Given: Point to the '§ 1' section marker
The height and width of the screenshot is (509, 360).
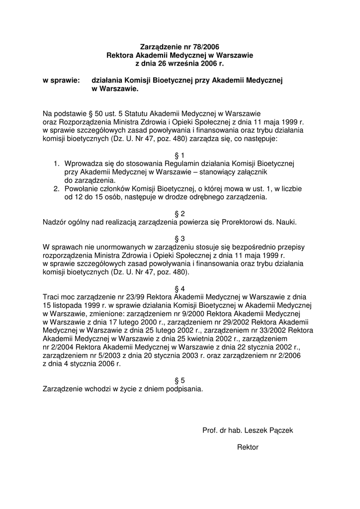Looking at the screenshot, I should pyautogui.click(x=180, y=155).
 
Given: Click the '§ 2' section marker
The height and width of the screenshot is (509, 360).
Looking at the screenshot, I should pyautogui.click(x=180, y=214).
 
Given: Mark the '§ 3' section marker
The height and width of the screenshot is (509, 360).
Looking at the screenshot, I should pyautogui.click(x=180, y=239).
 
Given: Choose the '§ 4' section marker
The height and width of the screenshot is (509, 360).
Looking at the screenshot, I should pyautogui.click(x=180, y=289).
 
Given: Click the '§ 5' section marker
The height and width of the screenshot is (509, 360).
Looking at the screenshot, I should pyautogui.click(x=180, y=381).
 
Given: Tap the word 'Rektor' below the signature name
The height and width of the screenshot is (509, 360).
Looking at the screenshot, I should pyautogui.click(x=248, y=447).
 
